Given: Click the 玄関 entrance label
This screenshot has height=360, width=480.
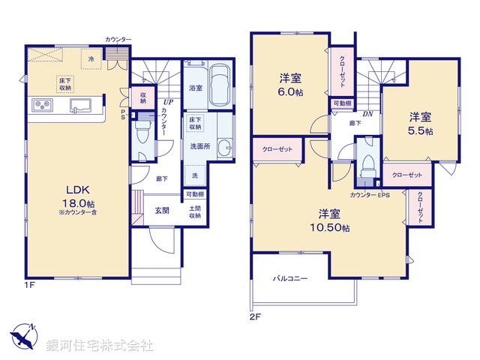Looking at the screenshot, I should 162,211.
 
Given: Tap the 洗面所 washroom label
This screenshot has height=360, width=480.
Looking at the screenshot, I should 199,146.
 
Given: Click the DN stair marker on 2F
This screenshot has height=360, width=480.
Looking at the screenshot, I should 367,114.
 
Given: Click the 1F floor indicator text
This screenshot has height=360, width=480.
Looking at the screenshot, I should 31,285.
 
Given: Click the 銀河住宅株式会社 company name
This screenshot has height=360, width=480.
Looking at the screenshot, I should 99,346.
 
